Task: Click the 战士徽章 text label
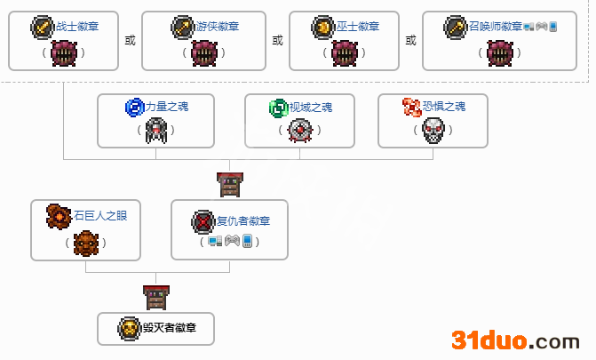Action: tap(77, 27)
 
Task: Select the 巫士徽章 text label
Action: tap(357, 27)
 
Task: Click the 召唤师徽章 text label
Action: tap(496, 27)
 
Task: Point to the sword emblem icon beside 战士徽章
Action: tap(43, 27)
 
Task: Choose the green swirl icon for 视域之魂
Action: tap(279, 108)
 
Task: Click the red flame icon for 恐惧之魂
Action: tap(412, 108)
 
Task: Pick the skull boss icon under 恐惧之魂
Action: tap(433, 132)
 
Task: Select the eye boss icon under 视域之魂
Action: tap(299, 132)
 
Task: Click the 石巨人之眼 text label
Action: tap(95, 214)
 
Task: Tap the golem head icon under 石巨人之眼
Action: tap(85, 242)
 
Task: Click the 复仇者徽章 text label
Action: tap(243, 221)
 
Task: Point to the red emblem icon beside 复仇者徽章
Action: tap(203, 221)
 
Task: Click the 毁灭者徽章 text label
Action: tap(168, 328)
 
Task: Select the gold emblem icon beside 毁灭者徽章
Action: tap(129, 328)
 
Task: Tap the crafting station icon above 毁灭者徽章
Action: tap(155, 297)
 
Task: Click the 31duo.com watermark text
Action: tap(515, 340)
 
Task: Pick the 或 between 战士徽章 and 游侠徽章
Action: tap(131, 40)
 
